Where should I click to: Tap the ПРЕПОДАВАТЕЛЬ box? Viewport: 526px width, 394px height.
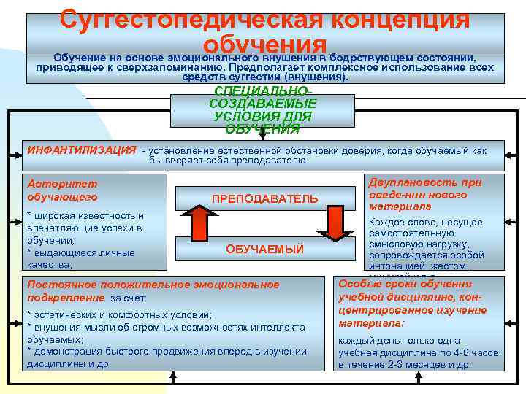point(264,199)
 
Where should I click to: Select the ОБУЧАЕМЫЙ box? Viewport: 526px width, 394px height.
point(264,250)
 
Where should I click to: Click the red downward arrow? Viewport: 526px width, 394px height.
point(335,220)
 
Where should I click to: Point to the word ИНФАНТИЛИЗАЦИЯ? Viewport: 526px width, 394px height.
point(81,150)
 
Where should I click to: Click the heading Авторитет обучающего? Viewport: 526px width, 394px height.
point(62,190)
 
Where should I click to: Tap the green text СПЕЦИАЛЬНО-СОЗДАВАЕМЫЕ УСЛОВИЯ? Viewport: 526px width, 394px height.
point(262,109)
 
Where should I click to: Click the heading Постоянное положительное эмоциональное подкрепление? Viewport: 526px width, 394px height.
point(152,291)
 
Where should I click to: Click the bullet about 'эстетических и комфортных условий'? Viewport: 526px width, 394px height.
point(121,314)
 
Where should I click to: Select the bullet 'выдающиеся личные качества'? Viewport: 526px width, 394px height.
point(80,258)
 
